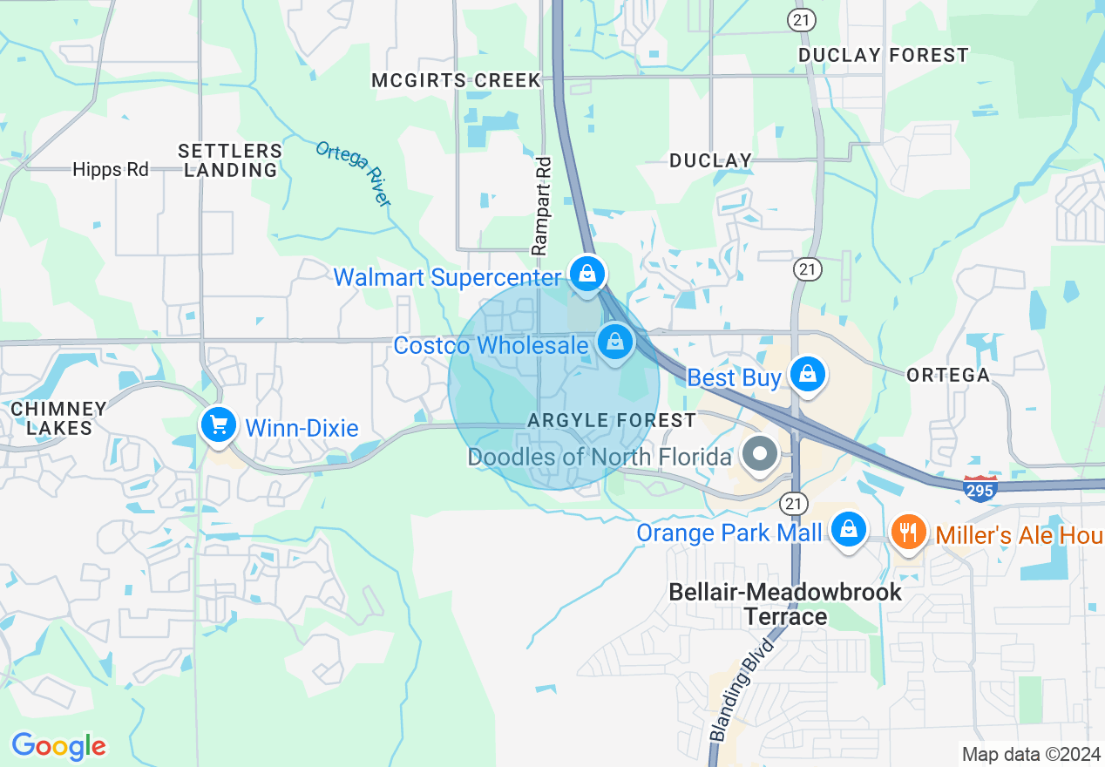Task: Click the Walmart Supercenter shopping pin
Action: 587,275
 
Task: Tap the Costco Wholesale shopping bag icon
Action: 615,343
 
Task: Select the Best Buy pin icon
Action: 808,375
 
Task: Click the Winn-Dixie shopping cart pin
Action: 218,425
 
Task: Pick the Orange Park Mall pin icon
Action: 847,529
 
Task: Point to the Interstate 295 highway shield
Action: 980,489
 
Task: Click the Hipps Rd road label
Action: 111,169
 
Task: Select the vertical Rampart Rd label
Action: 543,206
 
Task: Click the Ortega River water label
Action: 353,173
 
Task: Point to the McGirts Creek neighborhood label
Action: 457,81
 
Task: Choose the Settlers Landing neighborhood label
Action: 230,160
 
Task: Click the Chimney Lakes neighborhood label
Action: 58,418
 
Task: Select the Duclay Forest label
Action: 883,56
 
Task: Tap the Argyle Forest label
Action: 612,421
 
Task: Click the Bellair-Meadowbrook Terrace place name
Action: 785,604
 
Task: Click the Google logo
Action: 58,746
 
